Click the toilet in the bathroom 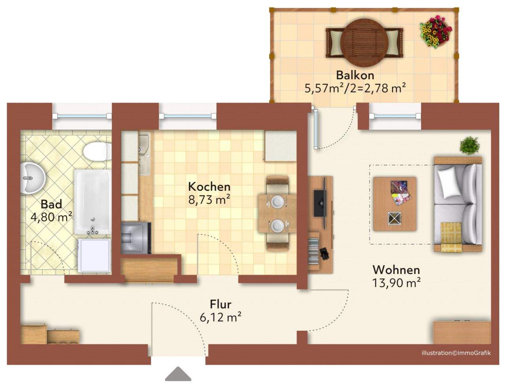click(x=96, y=151)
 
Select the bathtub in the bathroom click(x=92, y=202)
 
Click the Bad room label click(x=51, y=204)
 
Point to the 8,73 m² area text click(x=210, y=200)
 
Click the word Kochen click(x=209, y=186)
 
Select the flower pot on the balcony click(x=435, y=31)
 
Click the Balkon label click(x=355, y=75)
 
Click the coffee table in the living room click(x=395, y=204)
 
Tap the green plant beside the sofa click(x=469, y=146)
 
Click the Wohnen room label click(x=396, y=270)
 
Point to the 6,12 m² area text click(x=221, y=318)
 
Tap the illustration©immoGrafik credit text click(x=456, y=353)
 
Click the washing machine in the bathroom click(x=94, y=255)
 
